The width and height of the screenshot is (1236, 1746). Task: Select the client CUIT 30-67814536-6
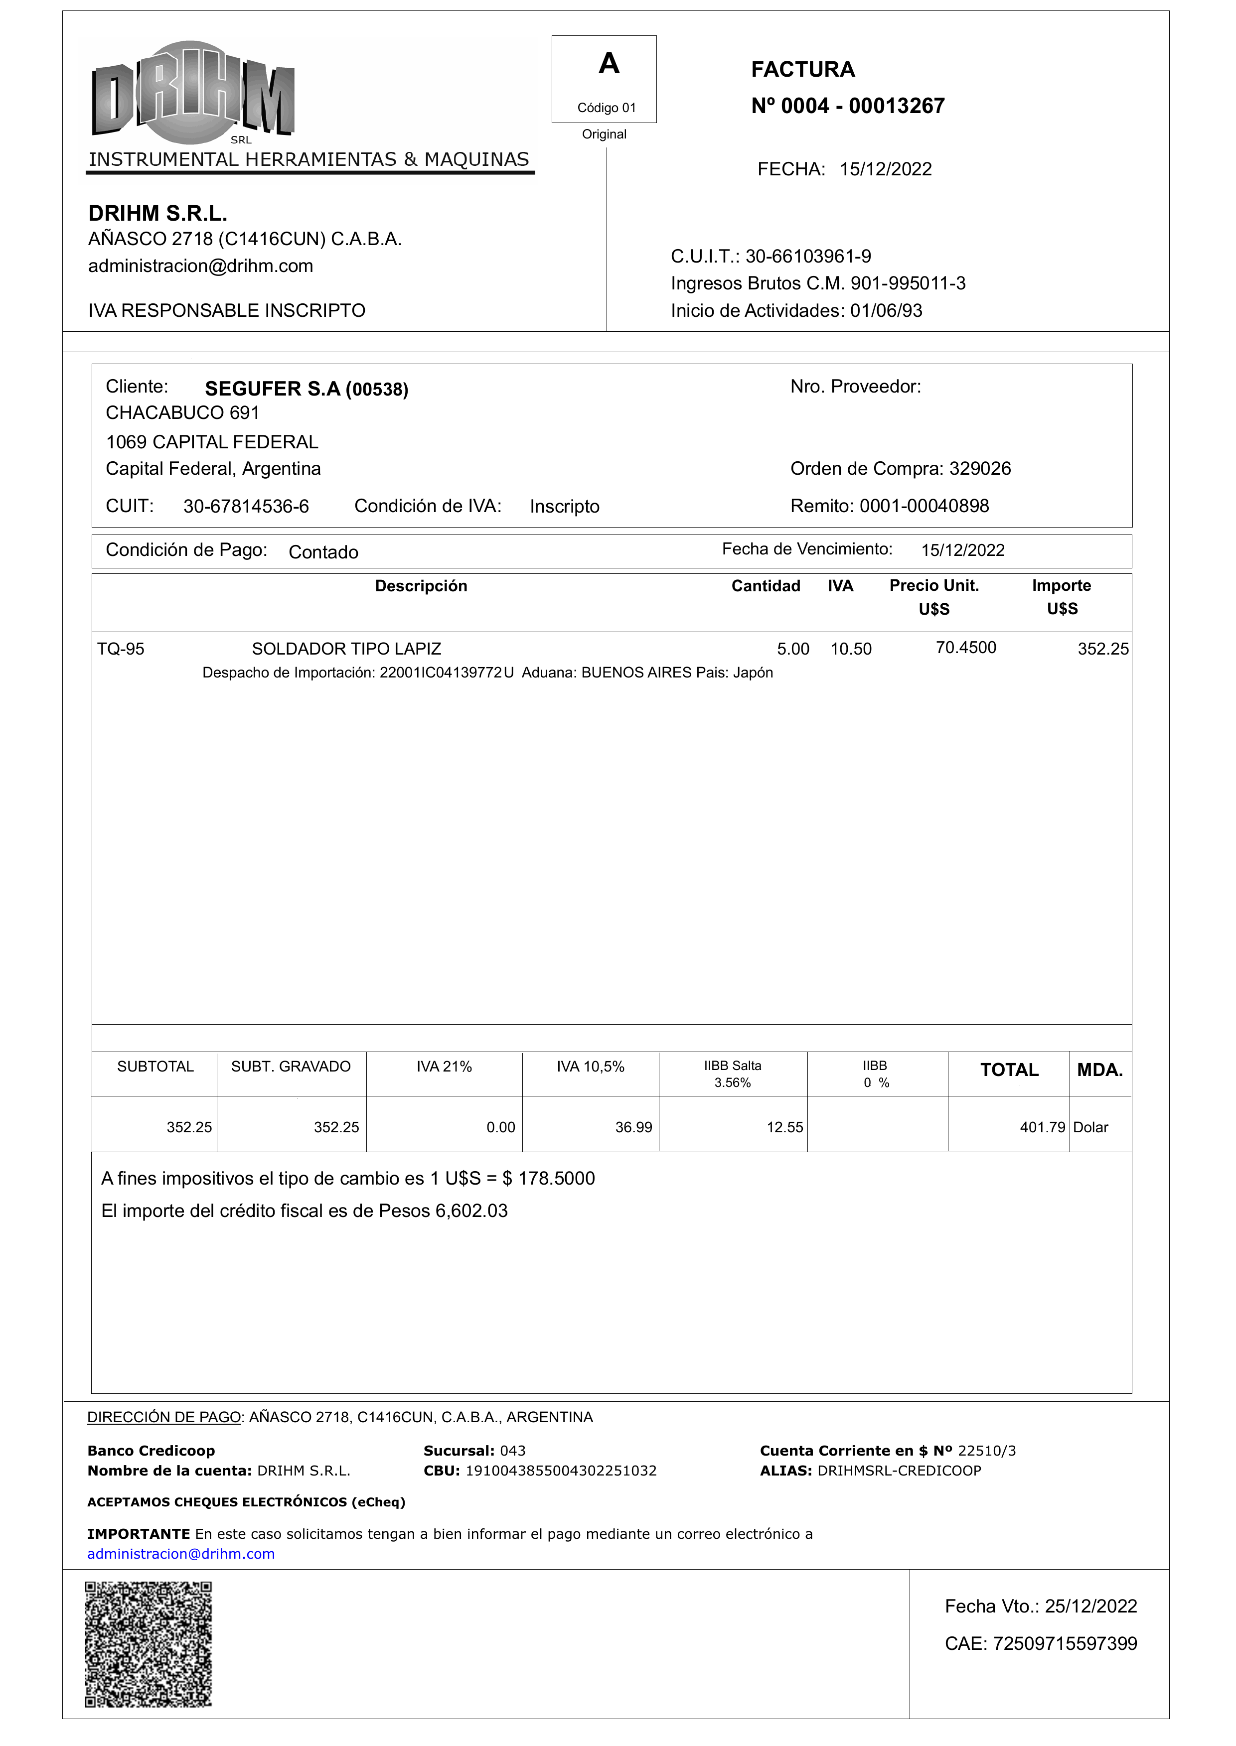pyautogui.click(x=246, y=507)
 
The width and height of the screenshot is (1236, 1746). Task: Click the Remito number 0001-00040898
pyautogui.click(x=924, y=506)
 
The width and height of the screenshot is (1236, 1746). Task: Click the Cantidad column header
pyautogui.click(x=765, y=586)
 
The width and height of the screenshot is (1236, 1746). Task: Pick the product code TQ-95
pyautogui.click(x=120, y=649)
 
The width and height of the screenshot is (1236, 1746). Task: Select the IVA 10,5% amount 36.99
pyautogui.click(x=633, y=1127)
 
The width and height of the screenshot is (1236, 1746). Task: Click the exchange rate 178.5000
pyautogui.click(x=556, y=1179)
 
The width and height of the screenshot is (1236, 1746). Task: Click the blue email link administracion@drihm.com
pyautogui.click(x=181, y=1554)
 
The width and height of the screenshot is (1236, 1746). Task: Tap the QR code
pyautogui.click(x=149, y=1644)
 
